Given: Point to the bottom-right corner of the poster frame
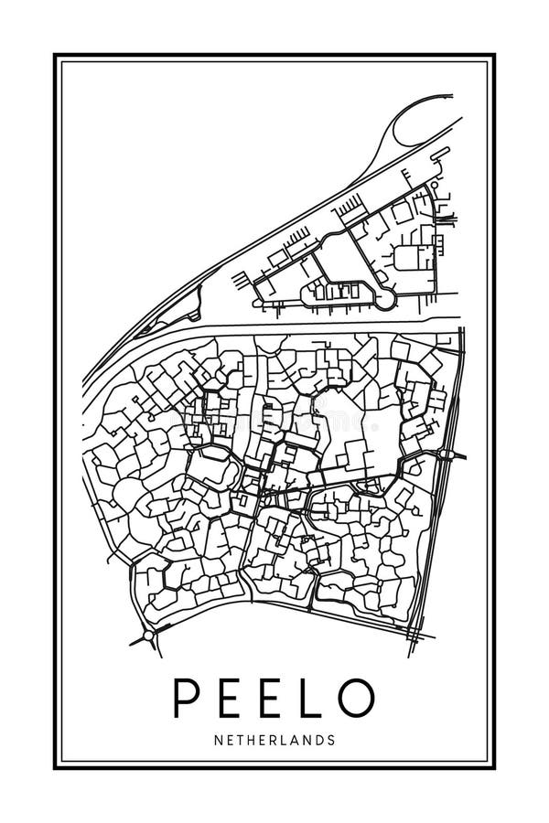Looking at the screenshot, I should pyautogui.click(x=494, y=767).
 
